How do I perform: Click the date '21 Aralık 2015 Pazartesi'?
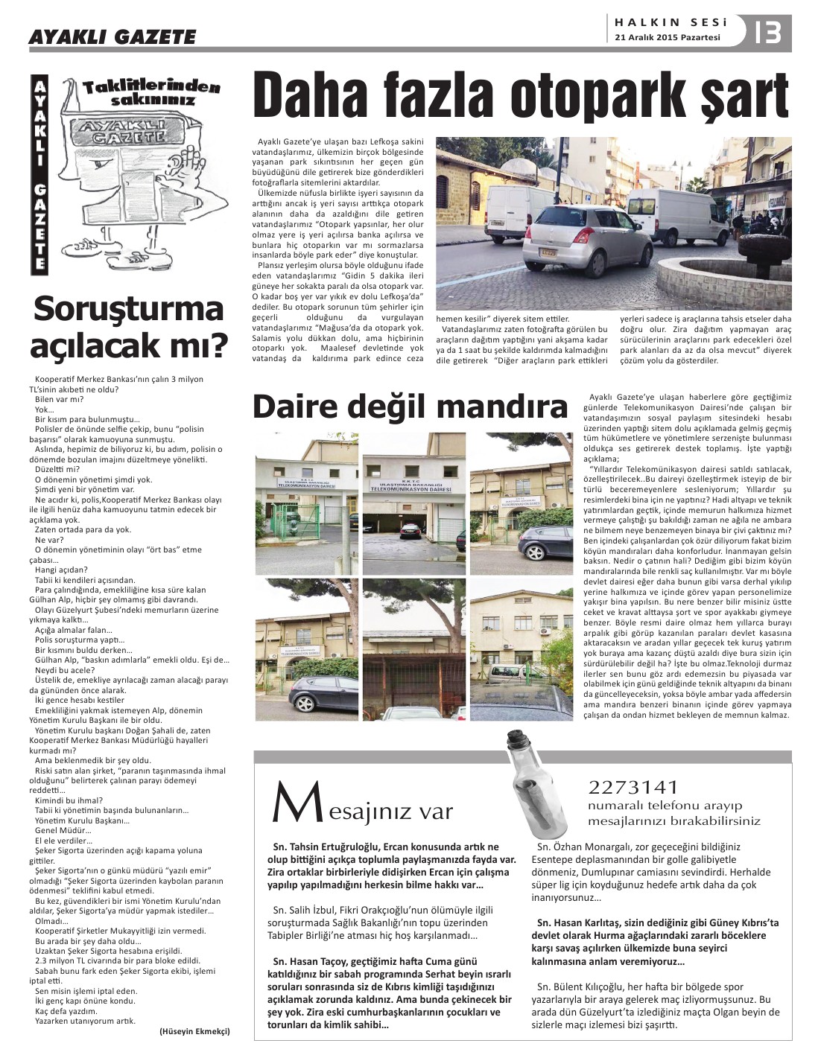coord(667,38)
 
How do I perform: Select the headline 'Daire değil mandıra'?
coord(410,407)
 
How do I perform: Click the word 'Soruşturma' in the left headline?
coord(129,309)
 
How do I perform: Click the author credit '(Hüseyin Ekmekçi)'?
coord(195,1031)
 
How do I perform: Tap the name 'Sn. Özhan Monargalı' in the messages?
coord(586,847)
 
